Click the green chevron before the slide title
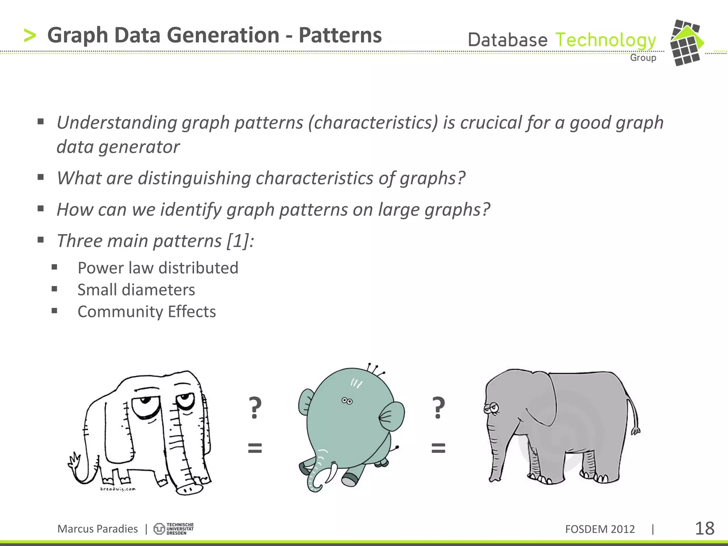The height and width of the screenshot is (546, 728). (30, 36)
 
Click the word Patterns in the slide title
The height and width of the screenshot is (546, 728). (340, 35)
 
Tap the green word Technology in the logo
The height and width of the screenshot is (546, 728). (605, 40)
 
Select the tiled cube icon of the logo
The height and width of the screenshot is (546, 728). (686, 43)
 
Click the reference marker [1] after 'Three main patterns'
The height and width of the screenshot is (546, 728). (238, 241)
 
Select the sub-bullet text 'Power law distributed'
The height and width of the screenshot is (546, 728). (158, 268)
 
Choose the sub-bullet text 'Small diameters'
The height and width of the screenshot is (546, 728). (136, 290)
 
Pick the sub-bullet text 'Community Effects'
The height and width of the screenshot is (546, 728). (146, 312)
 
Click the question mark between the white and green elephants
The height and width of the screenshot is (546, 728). (255, 408)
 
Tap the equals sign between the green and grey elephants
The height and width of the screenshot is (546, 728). (438, 448)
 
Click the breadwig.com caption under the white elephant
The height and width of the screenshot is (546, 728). (118, 489)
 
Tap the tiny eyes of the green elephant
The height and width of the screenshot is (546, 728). (347, 401)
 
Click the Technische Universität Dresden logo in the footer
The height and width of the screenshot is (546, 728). (174, 529)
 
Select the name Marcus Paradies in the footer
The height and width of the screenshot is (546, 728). (97, 529)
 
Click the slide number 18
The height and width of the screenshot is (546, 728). (704, 528)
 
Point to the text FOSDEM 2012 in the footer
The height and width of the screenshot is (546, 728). (600, 529)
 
